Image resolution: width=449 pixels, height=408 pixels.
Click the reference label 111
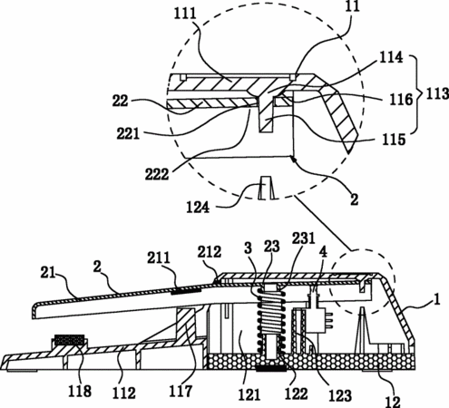pyautogui.click(x=185, y=14)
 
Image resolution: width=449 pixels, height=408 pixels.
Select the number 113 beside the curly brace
pyautogui.click(x=437, y=93)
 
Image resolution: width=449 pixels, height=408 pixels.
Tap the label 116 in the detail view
pyautogui.click(x=401, y=100)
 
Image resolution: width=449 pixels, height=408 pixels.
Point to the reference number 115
pyautogui.click(x=394, y=140)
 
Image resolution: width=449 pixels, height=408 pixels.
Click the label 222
pyautogui.click(x=157, y=174)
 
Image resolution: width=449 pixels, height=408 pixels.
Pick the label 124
pyautogui.click(x=198, y=208)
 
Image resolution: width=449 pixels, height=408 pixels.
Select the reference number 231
pyautogui.click(x=304, y=238)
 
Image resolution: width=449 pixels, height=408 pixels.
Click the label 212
pyautogui.click(x=210, y=251)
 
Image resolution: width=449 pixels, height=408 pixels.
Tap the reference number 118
pyautogui.click(x=80, y=391)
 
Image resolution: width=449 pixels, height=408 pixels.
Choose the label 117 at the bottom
pyautogui.click(x=181, y=391)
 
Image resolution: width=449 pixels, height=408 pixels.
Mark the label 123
pyautogui.click(x=340, y=396)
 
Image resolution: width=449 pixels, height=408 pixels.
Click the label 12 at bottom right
pyautogui.click(x=393, y=402)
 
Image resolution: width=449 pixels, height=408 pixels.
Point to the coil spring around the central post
pyautogui.click(x=271, y=321)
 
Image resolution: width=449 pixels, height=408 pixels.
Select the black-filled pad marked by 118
pyautogui.click(x=69, y=340)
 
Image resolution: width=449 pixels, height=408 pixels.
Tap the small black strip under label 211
pyautogui.click(x=186, y=292)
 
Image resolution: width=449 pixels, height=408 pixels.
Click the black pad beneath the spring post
pyautogui.click(x=271, y=368)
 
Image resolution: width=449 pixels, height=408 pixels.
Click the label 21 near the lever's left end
pyautogui.click(x=48, y=273)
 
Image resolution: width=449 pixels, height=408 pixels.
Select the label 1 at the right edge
pyautogui.click(x=436, y=300)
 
